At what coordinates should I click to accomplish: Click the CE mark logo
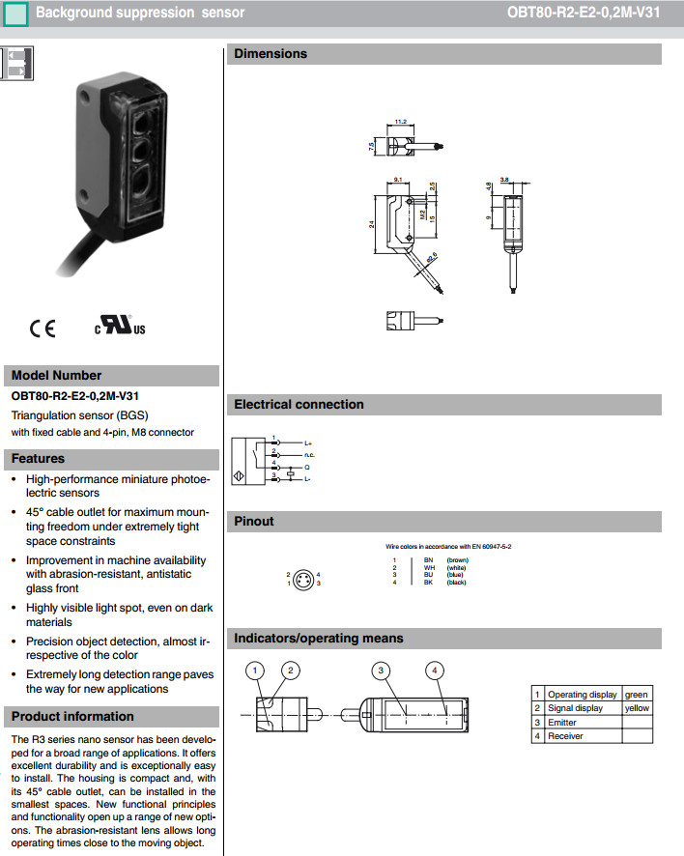point(43,328)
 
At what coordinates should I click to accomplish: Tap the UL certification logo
point(120,325)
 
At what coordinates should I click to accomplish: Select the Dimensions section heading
point(271,54)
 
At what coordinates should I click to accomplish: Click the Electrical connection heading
point(299,404)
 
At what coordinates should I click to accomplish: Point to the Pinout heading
point(254,521)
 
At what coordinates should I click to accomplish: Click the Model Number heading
point(56,375)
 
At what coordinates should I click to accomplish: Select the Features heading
point(39,458)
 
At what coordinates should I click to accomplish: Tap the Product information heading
point(72,716)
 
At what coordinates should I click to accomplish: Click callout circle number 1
point(255,671)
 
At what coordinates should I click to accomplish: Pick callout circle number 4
point(436,671)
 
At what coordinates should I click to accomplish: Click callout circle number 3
point(383,671)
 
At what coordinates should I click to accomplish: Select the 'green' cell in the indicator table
point(637,694)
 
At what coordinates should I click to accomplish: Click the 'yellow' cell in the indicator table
point(637,708)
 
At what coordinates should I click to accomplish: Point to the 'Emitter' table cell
point(562,722)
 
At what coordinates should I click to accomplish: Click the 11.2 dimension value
point(401,122)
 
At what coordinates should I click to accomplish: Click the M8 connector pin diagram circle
point(302,579)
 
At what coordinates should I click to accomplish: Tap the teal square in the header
point(15,14)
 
